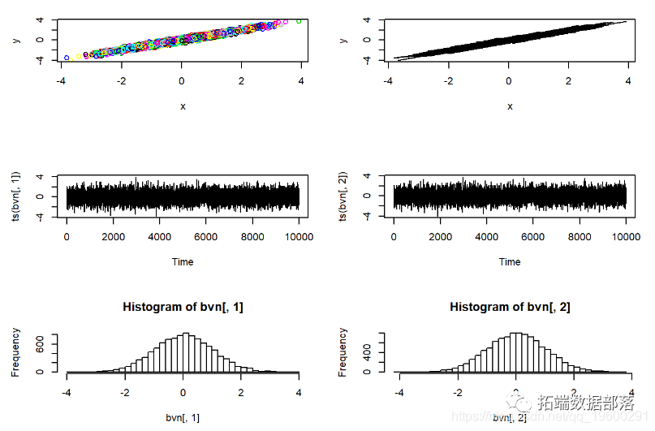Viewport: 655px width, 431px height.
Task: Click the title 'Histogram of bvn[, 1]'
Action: point(183,307)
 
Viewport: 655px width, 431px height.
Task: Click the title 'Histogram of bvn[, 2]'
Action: point(510,307)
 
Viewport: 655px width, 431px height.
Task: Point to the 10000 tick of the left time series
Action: point(298,237)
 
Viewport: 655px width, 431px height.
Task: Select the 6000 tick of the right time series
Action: point(533,237)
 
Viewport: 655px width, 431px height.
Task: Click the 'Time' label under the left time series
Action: point(183,261)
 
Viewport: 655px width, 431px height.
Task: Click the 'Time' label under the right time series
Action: point(510,261)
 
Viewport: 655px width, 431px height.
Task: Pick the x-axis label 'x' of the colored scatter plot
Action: point(183,106)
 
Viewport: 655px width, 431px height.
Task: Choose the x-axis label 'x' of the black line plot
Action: point(510,106)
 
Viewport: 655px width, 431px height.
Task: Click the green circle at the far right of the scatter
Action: point(299,21)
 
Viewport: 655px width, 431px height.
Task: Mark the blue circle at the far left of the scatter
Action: point(67,58)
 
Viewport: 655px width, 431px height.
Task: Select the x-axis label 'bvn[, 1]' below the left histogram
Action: point(183,417)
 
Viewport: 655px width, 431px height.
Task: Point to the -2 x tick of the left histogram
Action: point(124,392)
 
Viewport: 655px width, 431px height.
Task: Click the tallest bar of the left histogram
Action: point(186,352)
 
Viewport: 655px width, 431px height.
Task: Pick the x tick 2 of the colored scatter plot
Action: point(241,81)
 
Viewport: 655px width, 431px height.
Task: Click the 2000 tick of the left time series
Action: point(113,237)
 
